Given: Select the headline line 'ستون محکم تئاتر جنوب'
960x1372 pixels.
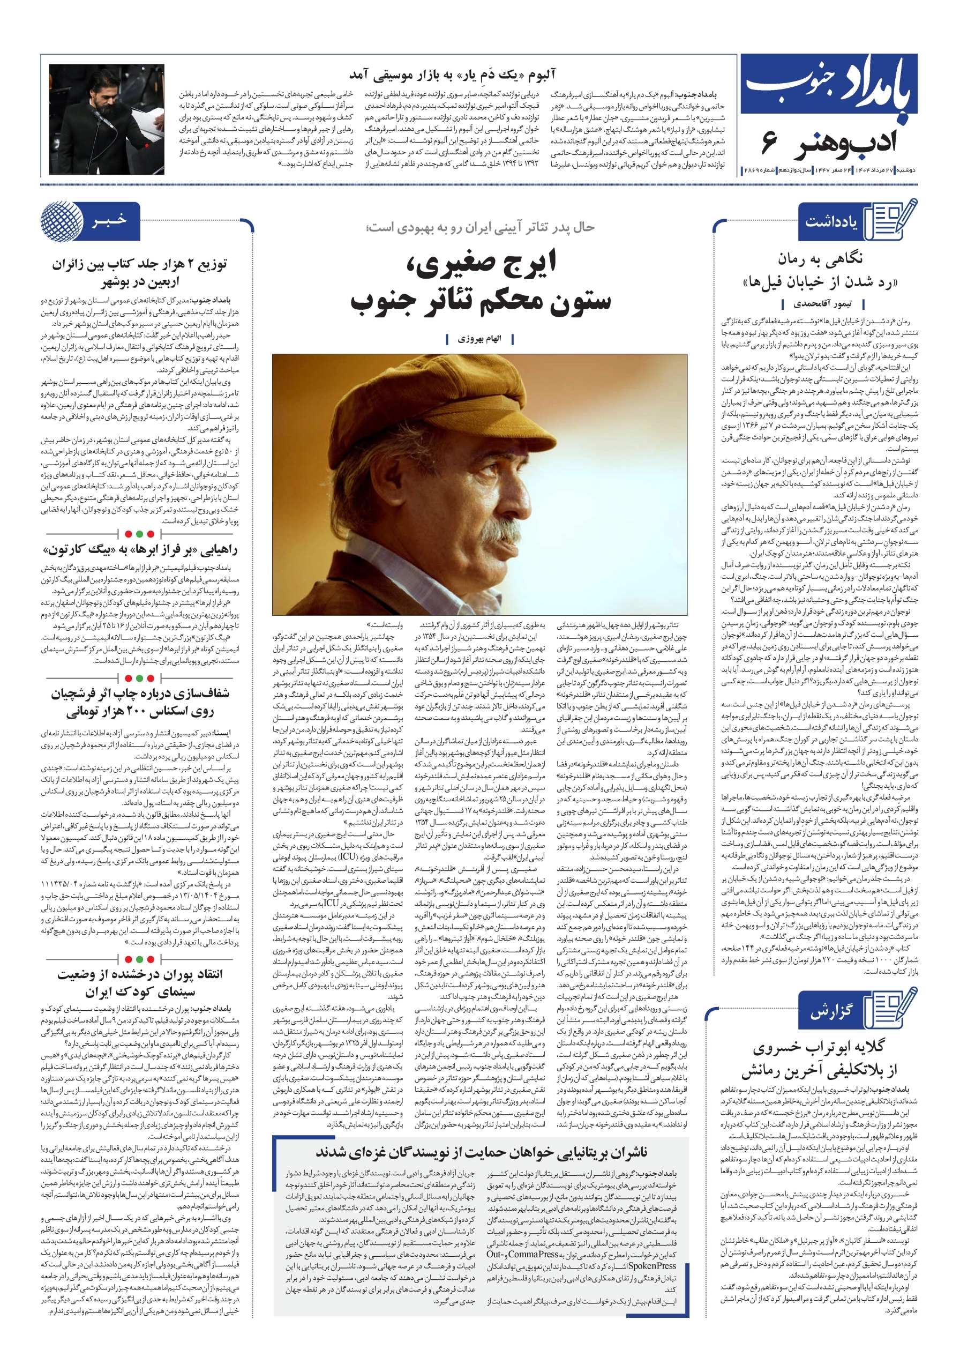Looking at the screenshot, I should (481, 300).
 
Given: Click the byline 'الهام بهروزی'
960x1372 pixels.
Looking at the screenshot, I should (479, 339).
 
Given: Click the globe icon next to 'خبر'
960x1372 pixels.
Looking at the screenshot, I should (62, 221).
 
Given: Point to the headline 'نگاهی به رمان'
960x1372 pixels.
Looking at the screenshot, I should (820, 259).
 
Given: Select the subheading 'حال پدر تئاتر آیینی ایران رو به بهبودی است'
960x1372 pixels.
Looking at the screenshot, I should (481, 228).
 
